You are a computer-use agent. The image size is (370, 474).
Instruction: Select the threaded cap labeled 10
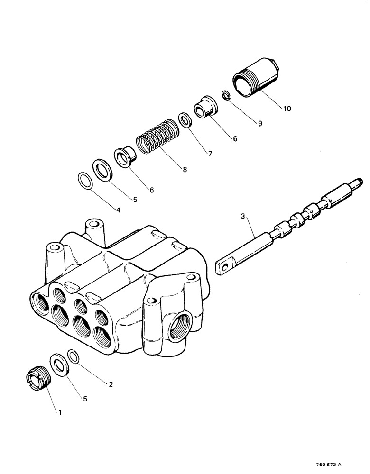tap(255, 78)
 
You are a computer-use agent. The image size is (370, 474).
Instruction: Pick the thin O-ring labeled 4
tap(84, 181)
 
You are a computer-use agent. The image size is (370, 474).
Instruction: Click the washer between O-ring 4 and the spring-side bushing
tap(102, 168)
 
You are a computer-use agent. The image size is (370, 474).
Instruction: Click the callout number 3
tap(242, 217)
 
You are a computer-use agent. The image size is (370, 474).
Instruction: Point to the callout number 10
tap(287, 109)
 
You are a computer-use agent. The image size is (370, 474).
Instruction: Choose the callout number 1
tap(60, 412)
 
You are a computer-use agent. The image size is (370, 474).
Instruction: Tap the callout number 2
tap(111, 384)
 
